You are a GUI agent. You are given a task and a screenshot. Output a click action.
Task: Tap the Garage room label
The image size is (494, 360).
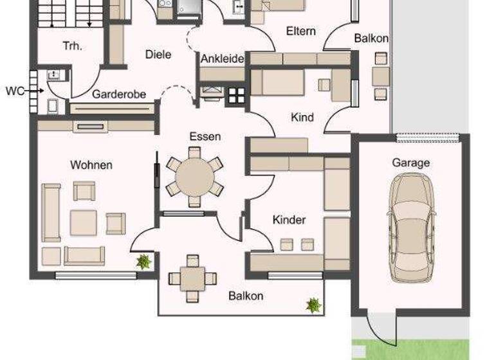coord(411,163)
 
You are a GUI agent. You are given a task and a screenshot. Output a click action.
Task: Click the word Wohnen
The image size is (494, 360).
coord(91,165)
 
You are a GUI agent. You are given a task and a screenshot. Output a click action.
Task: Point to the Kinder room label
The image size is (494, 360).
coord(289,220)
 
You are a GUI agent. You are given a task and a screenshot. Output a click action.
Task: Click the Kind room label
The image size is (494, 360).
coord(302,117)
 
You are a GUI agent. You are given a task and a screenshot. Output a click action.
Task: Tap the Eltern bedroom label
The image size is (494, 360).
coord(300,31)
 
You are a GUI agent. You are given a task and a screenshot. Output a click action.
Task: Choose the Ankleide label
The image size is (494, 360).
coord(222,59)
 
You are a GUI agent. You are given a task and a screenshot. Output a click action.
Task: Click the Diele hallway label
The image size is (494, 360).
coord(158,55)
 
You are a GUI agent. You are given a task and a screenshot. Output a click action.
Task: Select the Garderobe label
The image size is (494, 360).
coord(119,94)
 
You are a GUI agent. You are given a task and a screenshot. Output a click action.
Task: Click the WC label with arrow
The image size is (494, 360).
coord(15,91)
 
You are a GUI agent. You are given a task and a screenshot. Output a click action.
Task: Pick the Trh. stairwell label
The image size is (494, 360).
coord(71,46)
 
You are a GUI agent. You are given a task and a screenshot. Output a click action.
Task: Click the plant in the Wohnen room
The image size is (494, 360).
coord(143,262)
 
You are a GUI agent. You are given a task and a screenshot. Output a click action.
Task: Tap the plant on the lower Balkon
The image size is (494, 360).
coord(313,304)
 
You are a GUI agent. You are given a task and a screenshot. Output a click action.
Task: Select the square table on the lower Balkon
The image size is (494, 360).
coord(192,278)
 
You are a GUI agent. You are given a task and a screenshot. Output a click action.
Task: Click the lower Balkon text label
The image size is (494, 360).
coord(246,296)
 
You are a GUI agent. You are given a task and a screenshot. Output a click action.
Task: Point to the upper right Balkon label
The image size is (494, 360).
coord(371,39)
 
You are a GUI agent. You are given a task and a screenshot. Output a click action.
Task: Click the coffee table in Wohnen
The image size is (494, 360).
coord(84,222)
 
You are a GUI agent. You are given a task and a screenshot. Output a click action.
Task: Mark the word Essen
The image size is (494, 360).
coord(205,136)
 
